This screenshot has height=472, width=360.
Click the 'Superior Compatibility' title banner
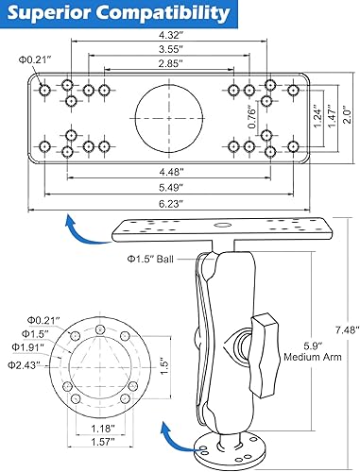(117, 14)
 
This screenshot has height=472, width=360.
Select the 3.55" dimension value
(170, 50)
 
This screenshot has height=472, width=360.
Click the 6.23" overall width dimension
(170, 202)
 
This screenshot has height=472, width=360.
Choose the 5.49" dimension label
(170, 187)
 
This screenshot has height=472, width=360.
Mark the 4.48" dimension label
(170, 172)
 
